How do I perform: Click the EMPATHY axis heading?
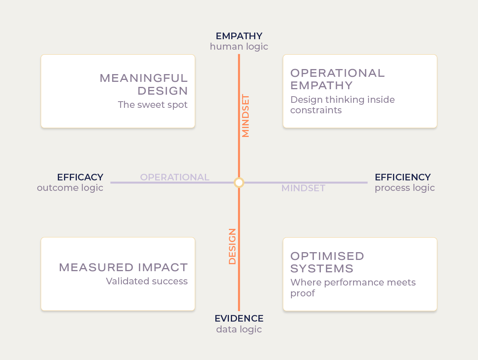tap(239, 36)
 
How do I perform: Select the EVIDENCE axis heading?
tap(239, 318)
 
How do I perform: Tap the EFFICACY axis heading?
tap(80, 177)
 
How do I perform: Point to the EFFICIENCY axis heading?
tap(403, 177)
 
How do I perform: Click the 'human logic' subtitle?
tap(239, 47)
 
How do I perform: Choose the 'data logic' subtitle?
tap(239, 329)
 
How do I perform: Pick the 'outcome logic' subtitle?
tap(70, 188)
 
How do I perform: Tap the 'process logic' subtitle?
tap(405, 188)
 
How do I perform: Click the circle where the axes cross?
tap(239, 183)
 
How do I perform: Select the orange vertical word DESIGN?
tap(232, 246)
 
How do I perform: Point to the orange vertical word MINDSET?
tap(246, 116)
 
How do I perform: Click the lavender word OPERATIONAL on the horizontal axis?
tap(175, 177)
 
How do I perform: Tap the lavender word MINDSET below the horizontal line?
tap(303, 188)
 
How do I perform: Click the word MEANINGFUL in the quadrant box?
tap(144, 78)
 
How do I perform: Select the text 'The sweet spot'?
tap(152, 105)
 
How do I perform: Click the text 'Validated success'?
tap(147, 281)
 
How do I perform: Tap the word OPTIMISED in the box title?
tap(327, 256)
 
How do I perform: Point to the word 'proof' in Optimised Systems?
tap(303, 293)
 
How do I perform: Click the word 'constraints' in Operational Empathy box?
tap(316, 110)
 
